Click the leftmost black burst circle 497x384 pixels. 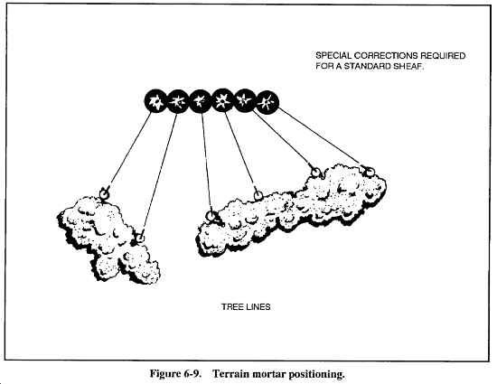pyautogui.click(x=155, y=101)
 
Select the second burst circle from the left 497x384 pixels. pyautogui.click(x=177, y=101)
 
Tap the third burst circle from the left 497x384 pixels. pyautogui.click(x=200, y=101)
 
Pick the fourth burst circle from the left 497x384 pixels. pyautogui.click(x=222, y=101)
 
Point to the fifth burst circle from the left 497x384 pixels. pyautogui.click(x=244, y=101)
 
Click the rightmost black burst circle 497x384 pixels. pyautogui.click(x=267, y=102)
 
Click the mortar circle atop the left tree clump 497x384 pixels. pyautogui.click(x=104, y=192)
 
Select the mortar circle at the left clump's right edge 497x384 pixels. pyautogui.click(x=139, y=238)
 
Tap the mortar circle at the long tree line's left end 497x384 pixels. pyautogui.click(x=211, y=216)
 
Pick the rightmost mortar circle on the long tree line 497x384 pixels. pyautogui.click(x=370, y=172)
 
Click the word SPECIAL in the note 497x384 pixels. pyautogui.click(x=333, y=56)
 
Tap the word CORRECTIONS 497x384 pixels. pyautogui.click(x=386, y=56)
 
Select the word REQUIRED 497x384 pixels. pyautogui.click(x=443, y=56)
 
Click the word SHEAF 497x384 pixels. pyautogui.click(x=408, y=66)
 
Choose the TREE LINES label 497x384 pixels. pyautogui.click(x=246, y=307)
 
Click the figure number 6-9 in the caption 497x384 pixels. pyautogui.click(x=192, y=373)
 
